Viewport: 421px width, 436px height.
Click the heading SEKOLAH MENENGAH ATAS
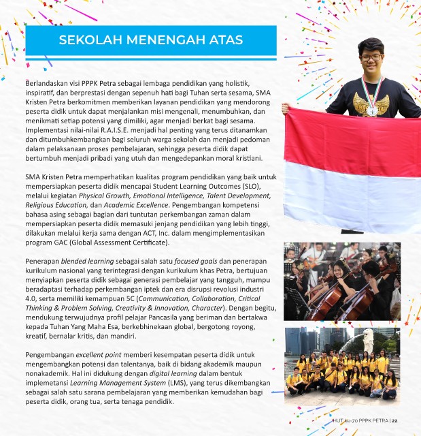click(x=150, y=40)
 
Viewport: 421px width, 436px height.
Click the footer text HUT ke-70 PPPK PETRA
click(x=363, y=421)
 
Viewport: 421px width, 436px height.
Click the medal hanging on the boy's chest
click(x=371, y=110)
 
